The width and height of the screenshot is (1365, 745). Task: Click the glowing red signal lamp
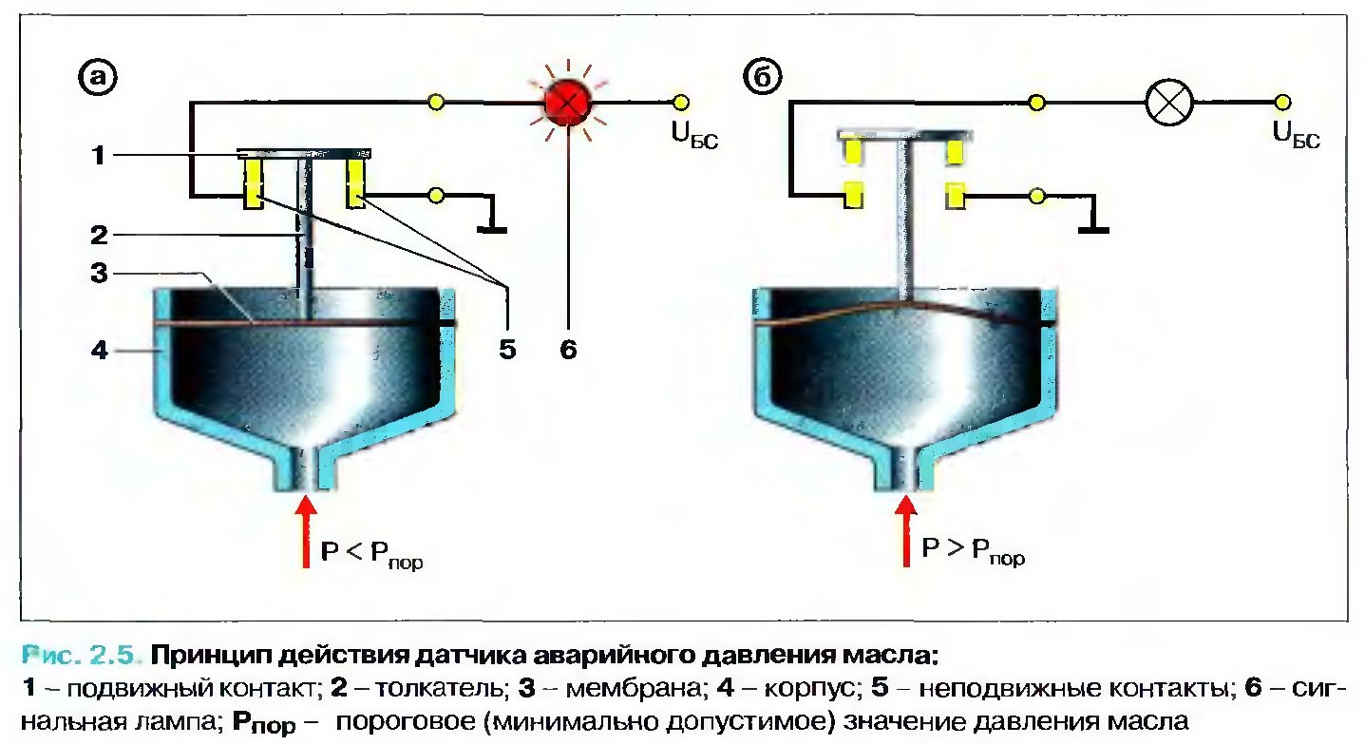[567, 103]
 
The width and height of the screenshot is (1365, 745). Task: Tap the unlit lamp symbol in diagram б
[1169, 103]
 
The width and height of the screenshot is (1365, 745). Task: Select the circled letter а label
[98, 77]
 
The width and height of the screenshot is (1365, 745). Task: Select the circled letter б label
[763, 77]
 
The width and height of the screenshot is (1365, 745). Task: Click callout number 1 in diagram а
[99, 155]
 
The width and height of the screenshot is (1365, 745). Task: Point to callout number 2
[99, 235]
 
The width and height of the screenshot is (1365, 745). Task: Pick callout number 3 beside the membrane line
[99, 273]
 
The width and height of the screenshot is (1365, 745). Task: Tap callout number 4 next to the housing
[99, 350]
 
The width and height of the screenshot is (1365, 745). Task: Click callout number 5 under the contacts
[507, 350]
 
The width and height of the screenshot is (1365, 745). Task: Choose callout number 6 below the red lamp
[568, 350]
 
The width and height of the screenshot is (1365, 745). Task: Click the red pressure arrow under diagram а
[306, 531]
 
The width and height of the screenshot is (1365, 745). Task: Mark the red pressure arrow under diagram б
[906, 530]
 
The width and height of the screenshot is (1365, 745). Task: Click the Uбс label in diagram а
[694, 135]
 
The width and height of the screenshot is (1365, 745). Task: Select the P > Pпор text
[974, 552]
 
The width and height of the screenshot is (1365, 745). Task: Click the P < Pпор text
[371, 555]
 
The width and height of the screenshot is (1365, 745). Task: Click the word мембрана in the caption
[634, 688]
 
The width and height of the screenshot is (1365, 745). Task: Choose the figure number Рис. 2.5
[79, 656]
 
